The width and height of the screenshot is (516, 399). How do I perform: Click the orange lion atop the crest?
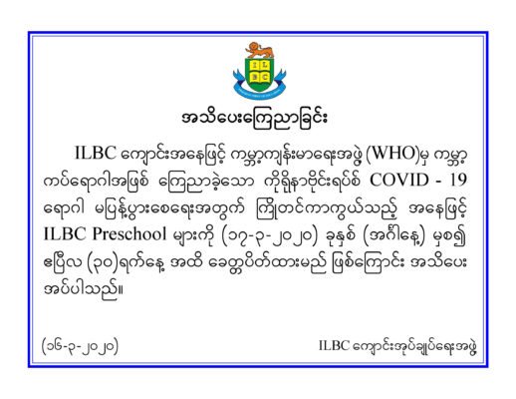click(260, 51)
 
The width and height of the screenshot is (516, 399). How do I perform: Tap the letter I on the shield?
click(254, 66)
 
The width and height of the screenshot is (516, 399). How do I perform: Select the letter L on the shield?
click(265, 66)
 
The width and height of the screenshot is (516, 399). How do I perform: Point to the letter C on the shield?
click(265, 77)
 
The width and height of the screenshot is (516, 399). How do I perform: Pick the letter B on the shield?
click(254, 77)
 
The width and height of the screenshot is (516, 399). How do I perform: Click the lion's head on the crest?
click(254, 47)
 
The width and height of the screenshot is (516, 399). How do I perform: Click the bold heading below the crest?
click(254, 119)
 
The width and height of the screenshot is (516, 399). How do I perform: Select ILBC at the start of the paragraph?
click(96, 153)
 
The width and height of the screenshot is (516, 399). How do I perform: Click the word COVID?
click(399, 181)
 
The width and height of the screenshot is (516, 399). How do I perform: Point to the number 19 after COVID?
click(458, 181)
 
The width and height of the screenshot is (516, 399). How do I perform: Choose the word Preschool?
click(129, 233)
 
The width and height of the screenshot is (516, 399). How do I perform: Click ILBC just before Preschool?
click(65, 233)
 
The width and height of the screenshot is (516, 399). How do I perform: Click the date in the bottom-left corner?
click(80, 346)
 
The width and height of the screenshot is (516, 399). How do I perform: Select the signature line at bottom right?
click(397, 346)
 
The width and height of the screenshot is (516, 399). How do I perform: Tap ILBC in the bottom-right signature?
click(334, 346)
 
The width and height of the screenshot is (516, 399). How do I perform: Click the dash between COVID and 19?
click(439, 182)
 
